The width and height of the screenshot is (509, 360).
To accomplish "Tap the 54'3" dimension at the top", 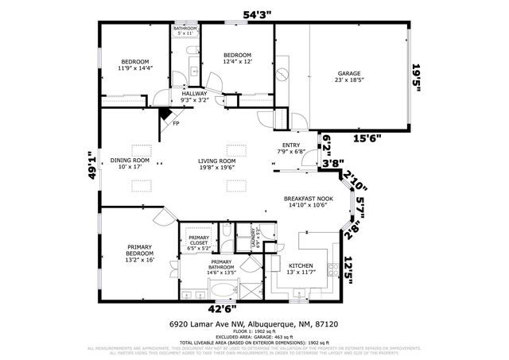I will (256, 14).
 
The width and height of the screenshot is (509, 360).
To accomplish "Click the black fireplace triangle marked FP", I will (165, 116).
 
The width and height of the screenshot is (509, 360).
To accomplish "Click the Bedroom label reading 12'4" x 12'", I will (237, 58).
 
